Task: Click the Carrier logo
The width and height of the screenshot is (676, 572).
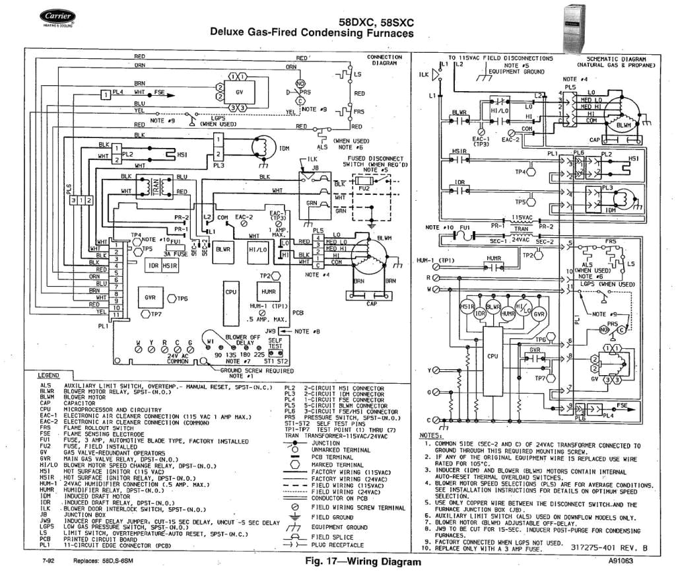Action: pyautogui.click(x=57, y=17)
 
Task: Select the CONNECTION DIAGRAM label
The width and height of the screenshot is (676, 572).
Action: pyautogui.click(x=384, y=60)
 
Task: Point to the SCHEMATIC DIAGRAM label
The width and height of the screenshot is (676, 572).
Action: pyautogui.click(x=615, y=62)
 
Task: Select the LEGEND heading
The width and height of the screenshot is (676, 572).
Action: pyautogui.click(x=50, y=375)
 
